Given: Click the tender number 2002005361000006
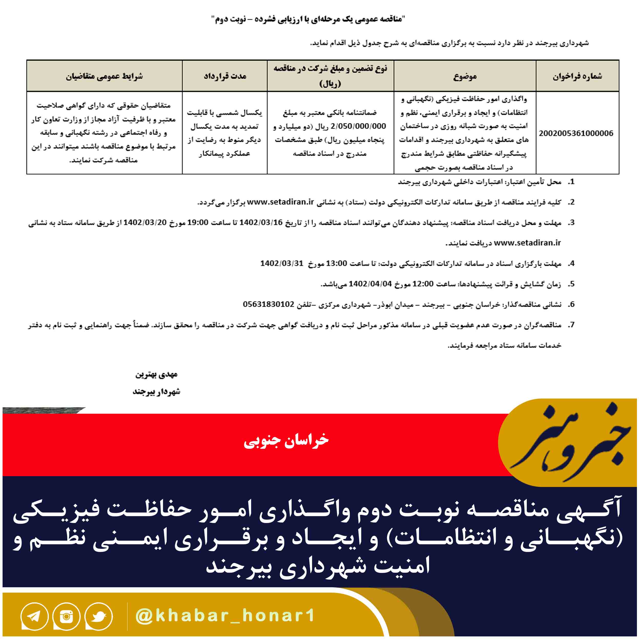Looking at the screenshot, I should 576,133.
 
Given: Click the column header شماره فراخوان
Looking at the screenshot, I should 577,76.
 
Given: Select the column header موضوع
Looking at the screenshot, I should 465,76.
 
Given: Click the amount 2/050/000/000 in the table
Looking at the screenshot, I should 358,126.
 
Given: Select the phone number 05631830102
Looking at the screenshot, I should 269,304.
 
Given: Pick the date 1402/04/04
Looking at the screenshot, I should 370,284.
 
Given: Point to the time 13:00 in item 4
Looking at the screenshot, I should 337,263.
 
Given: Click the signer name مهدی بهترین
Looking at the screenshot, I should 156,374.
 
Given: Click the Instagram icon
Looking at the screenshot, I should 66,616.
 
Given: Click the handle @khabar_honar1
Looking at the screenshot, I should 225,615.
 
